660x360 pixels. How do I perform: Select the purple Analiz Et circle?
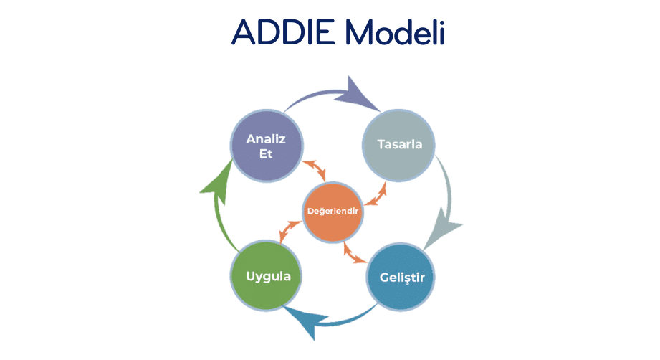click(264, 146)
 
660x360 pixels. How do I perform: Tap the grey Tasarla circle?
click(399, 144)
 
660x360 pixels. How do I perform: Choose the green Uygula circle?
click(263, 275)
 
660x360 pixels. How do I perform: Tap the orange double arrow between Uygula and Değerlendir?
click(290, 231)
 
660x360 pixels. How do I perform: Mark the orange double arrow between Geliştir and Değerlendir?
click(355, 251)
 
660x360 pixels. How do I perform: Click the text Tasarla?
click(399, 144)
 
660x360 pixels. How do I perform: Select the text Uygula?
click(263, 275)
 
